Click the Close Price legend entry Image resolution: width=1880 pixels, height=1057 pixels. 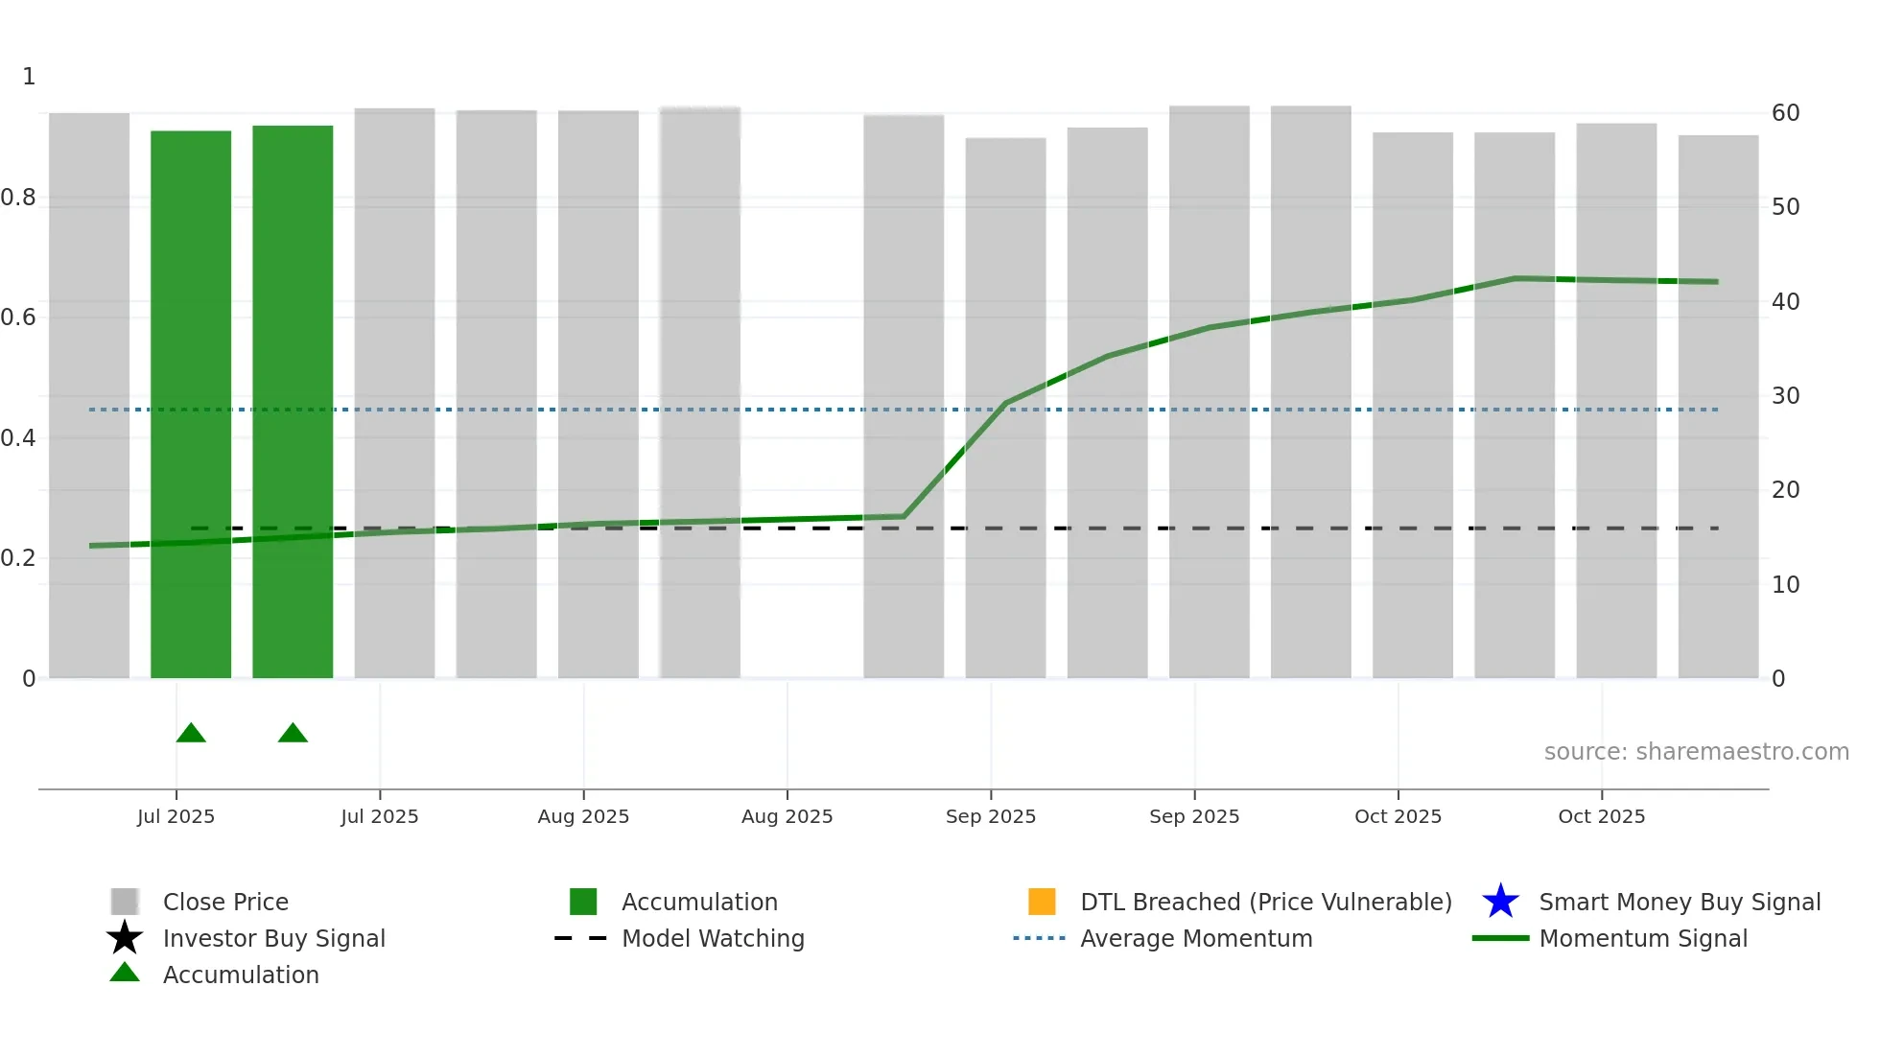224,902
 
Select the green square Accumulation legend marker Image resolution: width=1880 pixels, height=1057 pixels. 583,902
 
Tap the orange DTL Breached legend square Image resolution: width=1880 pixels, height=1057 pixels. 1042,902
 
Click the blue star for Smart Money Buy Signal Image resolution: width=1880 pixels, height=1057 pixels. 1500,902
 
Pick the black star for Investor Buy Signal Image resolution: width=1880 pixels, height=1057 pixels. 125,938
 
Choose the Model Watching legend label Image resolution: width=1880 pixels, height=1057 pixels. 713,938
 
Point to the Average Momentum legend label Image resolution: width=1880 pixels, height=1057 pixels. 1196,938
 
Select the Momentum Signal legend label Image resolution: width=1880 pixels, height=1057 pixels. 1643,938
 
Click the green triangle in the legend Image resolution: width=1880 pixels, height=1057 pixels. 125,973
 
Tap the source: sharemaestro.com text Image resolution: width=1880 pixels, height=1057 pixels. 1696,752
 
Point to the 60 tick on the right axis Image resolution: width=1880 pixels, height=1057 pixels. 1785,113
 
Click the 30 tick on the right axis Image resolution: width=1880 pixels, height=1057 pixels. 1785,396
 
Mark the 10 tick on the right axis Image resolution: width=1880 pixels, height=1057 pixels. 1785,585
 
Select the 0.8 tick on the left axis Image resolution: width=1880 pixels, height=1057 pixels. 18,198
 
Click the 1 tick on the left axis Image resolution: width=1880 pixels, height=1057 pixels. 29,77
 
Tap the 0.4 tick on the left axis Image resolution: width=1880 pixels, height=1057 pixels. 18,438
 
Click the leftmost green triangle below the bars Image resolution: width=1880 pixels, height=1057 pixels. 191,734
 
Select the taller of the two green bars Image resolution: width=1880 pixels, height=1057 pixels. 293,403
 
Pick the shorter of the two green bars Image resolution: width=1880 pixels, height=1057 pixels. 191,403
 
